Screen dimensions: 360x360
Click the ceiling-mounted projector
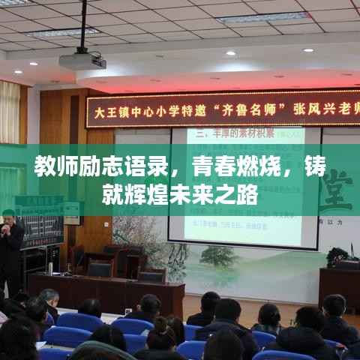(82, 61)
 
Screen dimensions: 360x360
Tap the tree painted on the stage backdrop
(217, 256)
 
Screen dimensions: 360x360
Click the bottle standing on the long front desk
(50, 268)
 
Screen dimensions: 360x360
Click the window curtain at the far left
(10, 112)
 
